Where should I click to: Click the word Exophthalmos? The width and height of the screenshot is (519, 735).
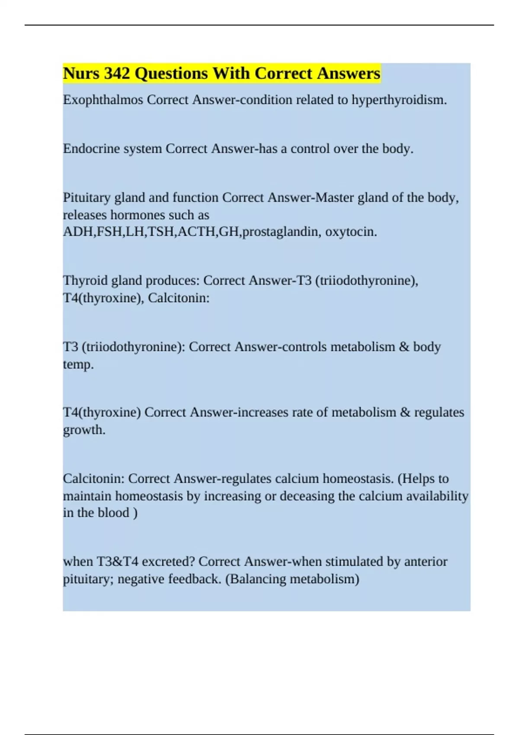point(103,100)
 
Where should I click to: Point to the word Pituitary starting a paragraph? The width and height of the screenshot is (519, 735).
point(87,198)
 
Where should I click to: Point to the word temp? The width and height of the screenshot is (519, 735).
point(78,364)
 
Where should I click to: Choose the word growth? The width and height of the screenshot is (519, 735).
point(84,430)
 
